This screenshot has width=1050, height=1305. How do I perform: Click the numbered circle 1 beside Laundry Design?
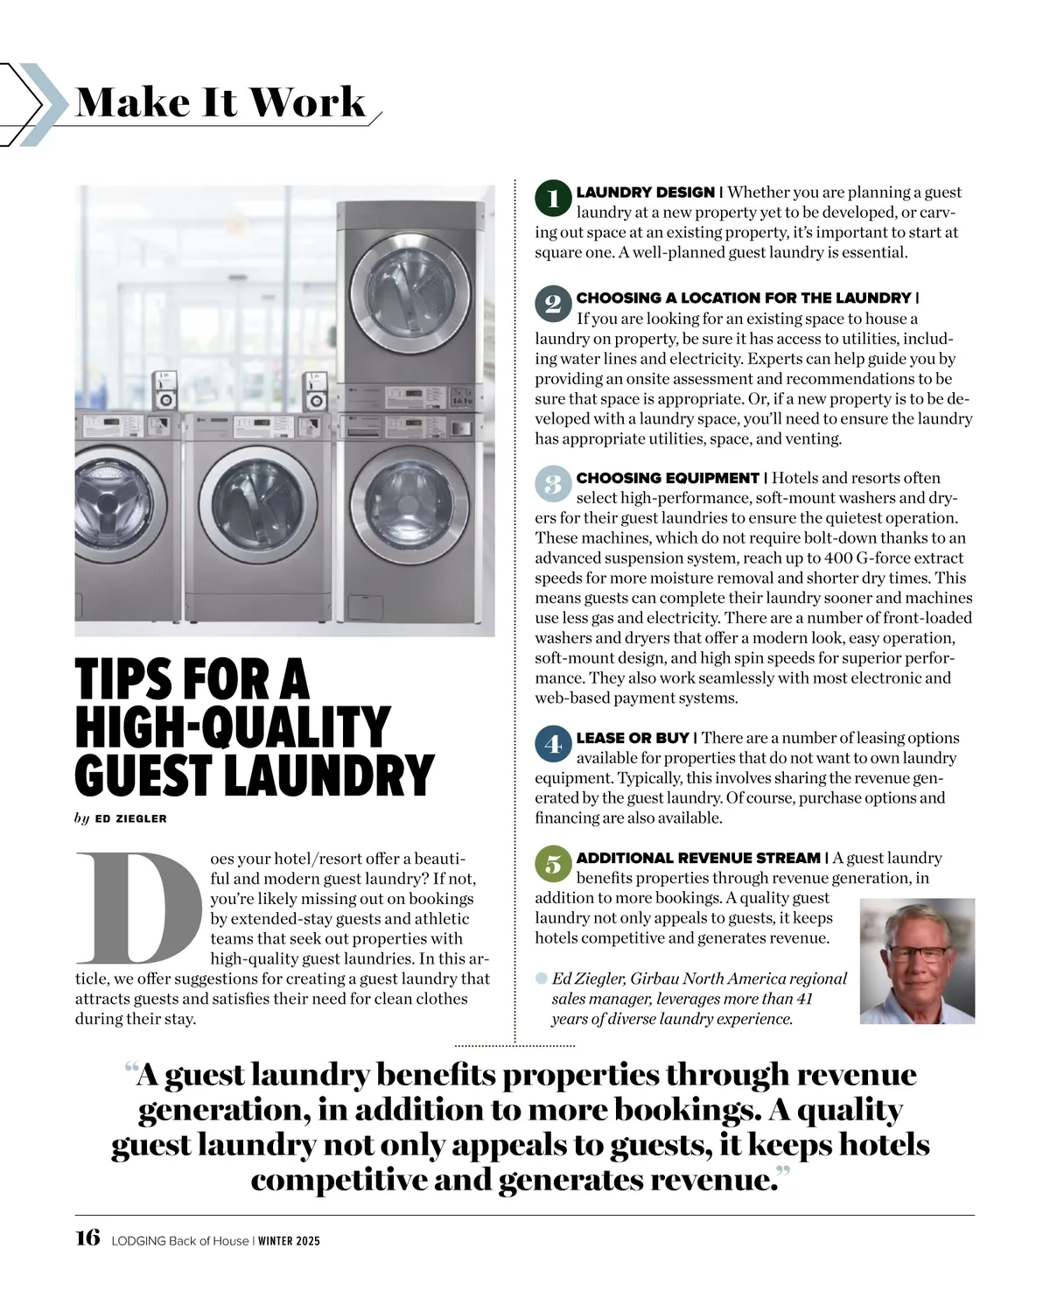click(x=552, y=198)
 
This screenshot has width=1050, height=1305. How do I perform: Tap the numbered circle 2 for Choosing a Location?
click(x=552, y=304)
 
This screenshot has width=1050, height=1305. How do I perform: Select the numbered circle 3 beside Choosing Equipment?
click(x=552, y=483)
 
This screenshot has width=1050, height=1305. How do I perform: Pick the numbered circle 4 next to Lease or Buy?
click(x=552, y=744)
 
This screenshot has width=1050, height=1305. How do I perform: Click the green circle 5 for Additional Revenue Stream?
click(x=552, y=864)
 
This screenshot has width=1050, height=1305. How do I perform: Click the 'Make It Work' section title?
click(x=220, y=102)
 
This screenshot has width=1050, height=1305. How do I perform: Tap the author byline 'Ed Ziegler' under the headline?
click(x=130, y=818)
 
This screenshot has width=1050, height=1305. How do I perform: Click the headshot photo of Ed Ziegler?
click(x=916, y=960)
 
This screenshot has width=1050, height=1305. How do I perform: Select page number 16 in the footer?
click(x=87, y=1238)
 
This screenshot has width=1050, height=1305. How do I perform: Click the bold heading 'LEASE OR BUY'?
click(x=633, y=738)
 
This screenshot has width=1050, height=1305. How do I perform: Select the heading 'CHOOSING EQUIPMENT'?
click(x=667, y=478)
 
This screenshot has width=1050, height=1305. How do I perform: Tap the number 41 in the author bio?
click(x=804, y=999)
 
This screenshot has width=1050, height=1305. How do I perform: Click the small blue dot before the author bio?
click(x=542, y=978)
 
